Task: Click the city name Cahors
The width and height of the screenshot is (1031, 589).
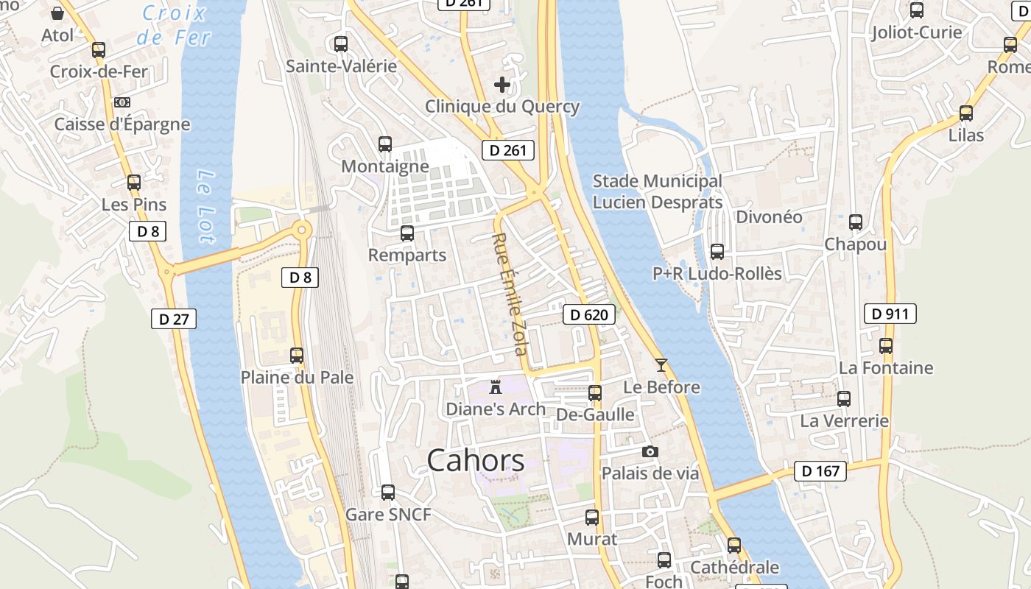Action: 476,461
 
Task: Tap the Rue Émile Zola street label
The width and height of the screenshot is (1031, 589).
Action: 510,294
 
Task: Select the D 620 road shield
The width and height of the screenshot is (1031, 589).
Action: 589,315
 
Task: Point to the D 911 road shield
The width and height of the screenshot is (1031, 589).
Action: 890,314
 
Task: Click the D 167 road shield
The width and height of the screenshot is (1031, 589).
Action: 820,471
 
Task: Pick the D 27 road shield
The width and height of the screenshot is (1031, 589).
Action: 174,319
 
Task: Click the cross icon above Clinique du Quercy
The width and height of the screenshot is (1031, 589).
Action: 502,85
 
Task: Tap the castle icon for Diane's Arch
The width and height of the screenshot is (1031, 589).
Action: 496,387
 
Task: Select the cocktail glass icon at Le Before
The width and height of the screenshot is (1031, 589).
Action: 661,364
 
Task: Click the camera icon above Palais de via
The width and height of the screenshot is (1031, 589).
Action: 650,451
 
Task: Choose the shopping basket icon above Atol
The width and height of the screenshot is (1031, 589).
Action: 57,13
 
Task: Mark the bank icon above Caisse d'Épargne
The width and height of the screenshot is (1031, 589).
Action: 122,102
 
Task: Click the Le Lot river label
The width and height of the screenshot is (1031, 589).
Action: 206,206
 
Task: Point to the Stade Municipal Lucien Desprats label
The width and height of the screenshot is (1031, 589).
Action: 657,191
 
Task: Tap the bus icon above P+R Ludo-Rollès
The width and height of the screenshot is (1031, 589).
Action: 717,252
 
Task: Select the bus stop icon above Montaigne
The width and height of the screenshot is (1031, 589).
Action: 385,144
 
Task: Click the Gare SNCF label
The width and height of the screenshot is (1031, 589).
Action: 388,515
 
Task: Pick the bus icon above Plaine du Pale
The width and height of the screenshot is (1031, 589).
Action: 297,356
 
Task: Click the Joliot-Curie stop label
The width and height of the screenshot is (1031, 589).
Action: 916,32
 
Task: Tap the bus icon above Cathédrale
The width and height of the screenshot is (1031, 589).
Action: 734,546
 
